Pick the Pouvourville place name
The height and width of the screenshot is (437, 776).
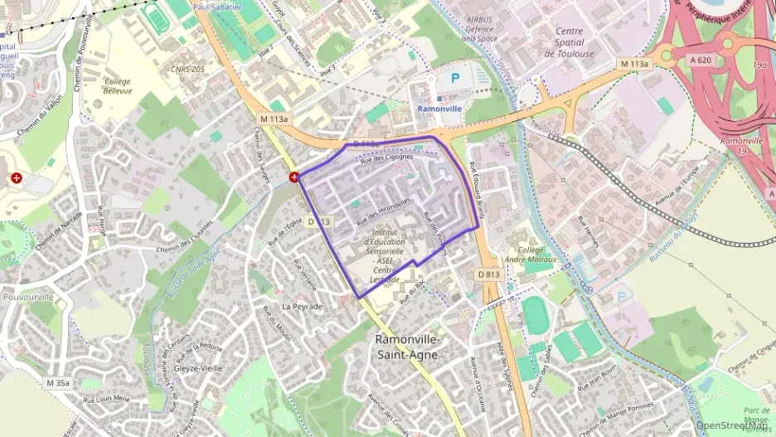[28, 297]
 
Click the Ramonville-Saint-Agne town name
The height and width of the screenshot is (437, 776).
[408, 347]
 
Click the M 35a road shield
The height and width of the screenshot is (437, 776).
[59, 383]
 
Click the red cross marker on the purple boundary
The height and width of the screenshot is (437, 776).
[294, 177]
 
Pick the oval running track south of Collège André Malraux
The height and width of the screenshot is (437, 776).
[535, 316]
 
